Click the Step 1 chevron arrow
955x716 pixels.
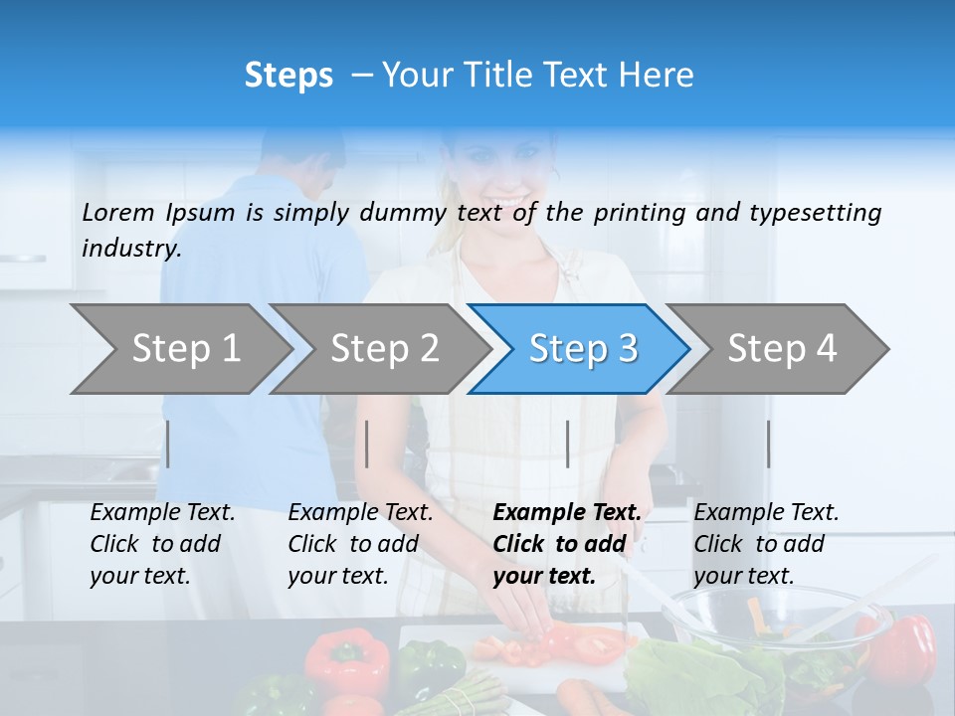click(x=184, y=349)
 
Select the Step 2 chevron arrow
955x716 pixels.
click(x=383, y=349)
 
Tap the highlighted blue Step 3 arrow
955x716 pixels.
click(x=582, y=349)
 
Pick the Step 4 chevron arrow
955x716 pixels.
click(x=781, y=349)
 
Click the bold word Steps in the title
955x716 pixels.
click(x=288, y=76)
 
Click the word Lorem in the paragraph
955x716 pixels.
click(x=117, y=213)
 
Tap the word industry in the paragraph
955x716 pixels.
click(x=130, y=249)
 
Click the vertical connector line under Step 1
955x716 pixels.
click(x=168, y=444)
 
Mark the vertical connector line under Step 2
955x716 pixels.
click(x=367, y=444)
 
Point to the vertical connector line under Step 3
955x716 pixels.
click(x=567, y=444)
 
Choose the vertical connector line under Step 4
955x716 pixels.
click(x=768, y=444)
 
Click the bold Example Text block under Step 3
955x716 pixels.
click(x=567, y=544)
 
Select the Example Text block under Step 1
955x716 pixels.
click(x=162, y=544)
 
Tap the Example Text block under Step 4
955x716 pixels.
click(x=766, y=544)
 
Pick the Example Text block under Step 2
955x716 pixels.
click(x=360, y=544)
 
